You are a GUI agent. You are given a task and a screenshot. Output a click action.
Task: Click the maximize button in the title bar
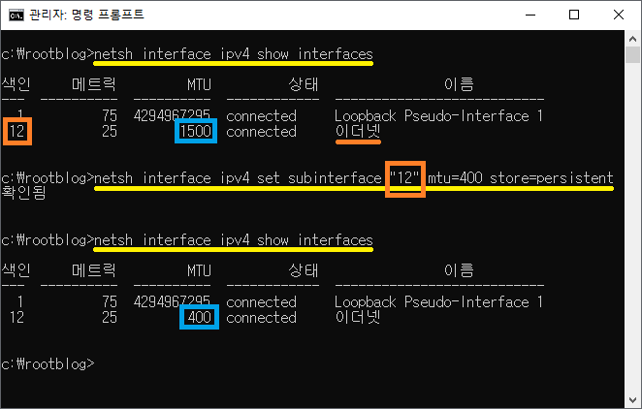pos(573,15)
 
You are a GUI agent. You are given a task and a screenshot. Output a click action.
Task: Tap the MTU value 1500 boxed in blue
pos(195,131)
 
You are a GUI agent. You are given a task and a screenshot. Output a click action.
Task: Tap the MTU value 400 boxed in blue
pos(199,317)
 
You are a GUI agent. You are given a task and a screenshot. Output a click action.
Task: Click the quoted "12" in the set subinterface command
pos(405,178)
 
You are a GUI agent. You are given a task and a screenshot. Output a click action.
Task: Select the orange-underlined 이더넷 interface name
pos(358,131)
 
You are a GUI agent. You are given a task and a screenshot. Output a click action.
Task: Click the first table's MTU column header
pos(199,84)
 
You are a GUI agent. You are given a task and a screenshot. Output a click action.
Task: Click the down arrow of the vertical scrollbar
pos(632,399)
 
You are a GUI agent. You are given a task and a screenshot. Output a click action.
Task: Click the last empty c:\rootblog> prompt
pos(48,363)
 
